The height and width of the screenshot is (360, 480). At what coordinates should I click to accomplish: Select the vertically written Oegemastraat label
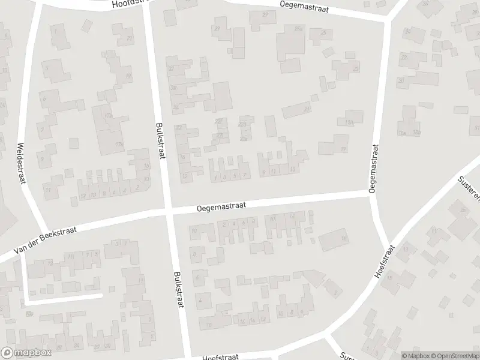coord(373,167)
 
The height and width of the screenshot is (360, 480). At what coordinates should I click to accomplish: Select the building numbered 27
coord(265,14)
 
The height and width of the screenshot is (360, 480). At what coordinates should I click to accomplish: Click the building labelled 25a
coord(298,29)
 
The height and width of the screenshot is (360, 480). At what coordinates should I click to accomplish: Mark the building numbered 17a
coord(109,115)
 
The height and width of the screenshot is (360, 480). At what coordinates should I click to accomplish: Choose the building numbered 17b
coord(119,145)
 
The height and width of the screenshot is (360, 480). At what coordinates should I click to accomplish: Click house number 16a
coord(401,133)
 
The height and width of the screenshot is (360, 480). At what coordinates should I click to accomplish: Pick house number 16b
coord(416,133)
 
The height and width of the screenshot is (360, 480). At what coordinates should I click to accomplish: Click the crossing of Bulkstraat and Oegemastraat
coord(168,211)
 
